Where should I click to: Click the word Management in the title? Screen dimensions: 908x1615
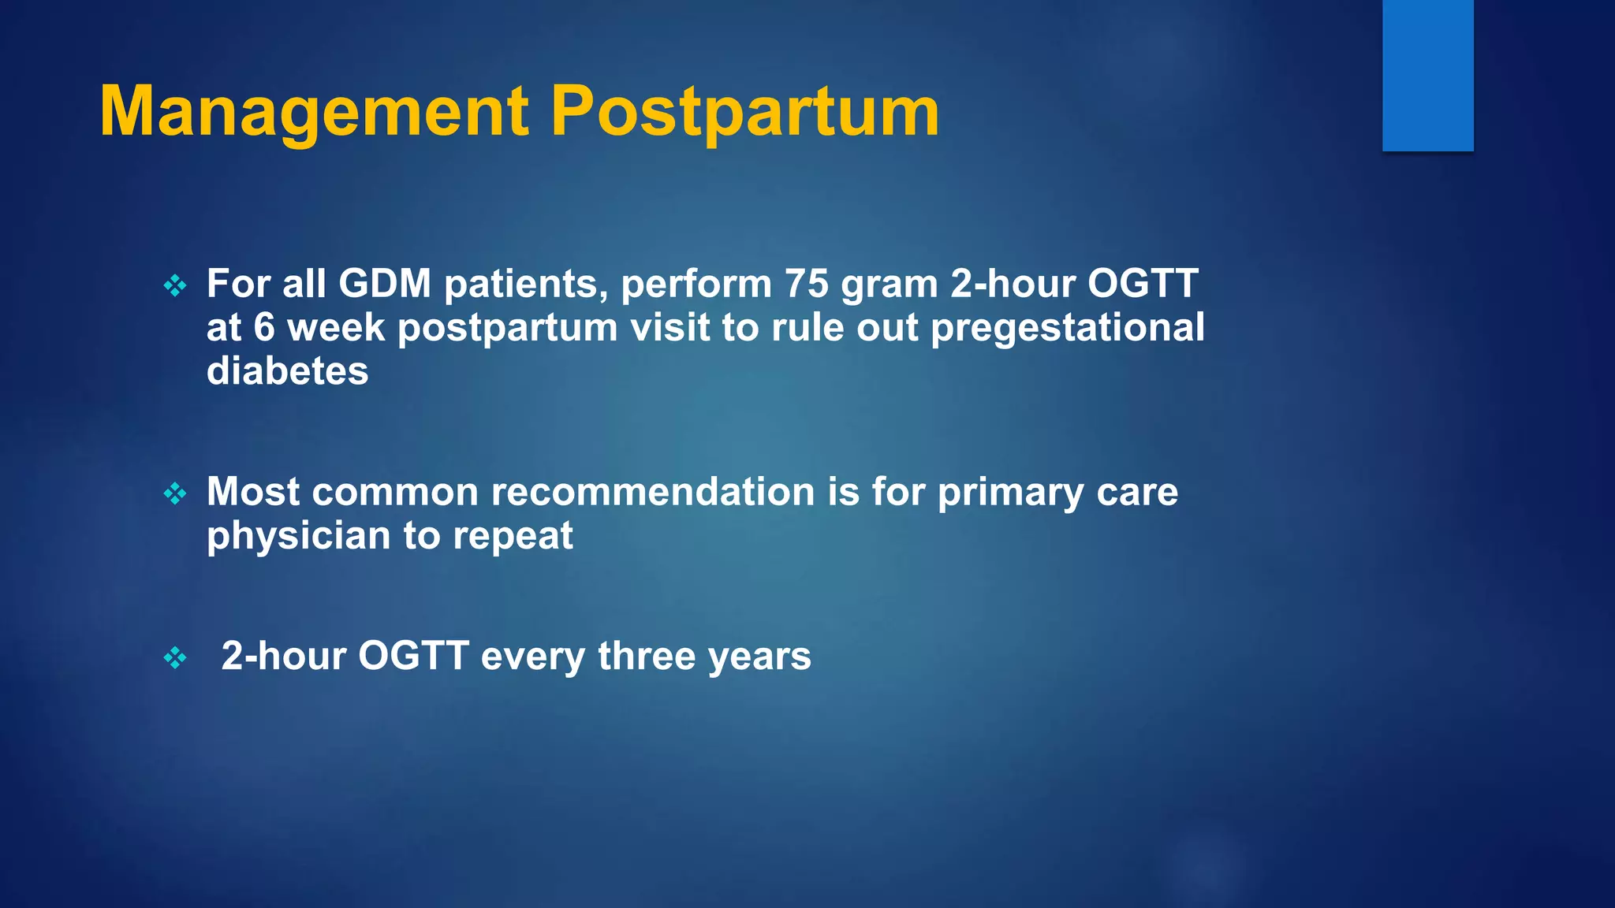[314, 112]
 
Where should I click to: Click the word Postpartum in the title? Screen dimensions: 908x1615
[744, 112]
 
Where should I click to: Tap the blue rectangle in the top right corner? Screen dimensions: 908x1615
[1427, 75]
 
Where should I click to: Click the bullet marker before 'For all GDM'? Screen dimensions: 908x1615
[175, 285]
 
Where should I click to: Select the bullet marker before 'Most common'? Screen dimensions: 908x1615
[175, 494]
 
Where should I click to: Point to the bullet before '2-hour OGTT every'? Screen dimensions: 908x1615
[175, 657]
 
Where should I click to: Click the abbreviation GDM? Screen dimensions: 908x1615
[385, 284]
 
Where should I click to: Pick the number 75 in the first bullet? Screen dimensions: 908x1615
[806, 284]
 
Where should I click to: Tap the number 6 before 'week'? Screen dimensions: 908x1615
[264, 328]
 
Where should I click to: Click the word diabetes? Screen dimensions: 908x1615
[287, 371]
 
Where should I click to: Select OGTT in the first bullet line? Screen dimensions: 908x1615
[1143, 284]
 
